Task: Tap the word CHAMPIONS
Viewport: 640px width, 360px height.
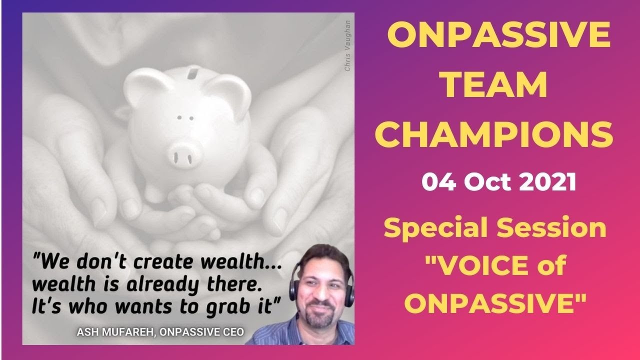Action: click(500, 135)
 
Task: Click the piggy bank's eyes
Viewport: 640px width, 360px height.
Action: click(185, 118)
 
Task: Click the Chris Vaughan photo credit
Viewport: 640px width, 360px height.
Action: click(347, 45)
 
